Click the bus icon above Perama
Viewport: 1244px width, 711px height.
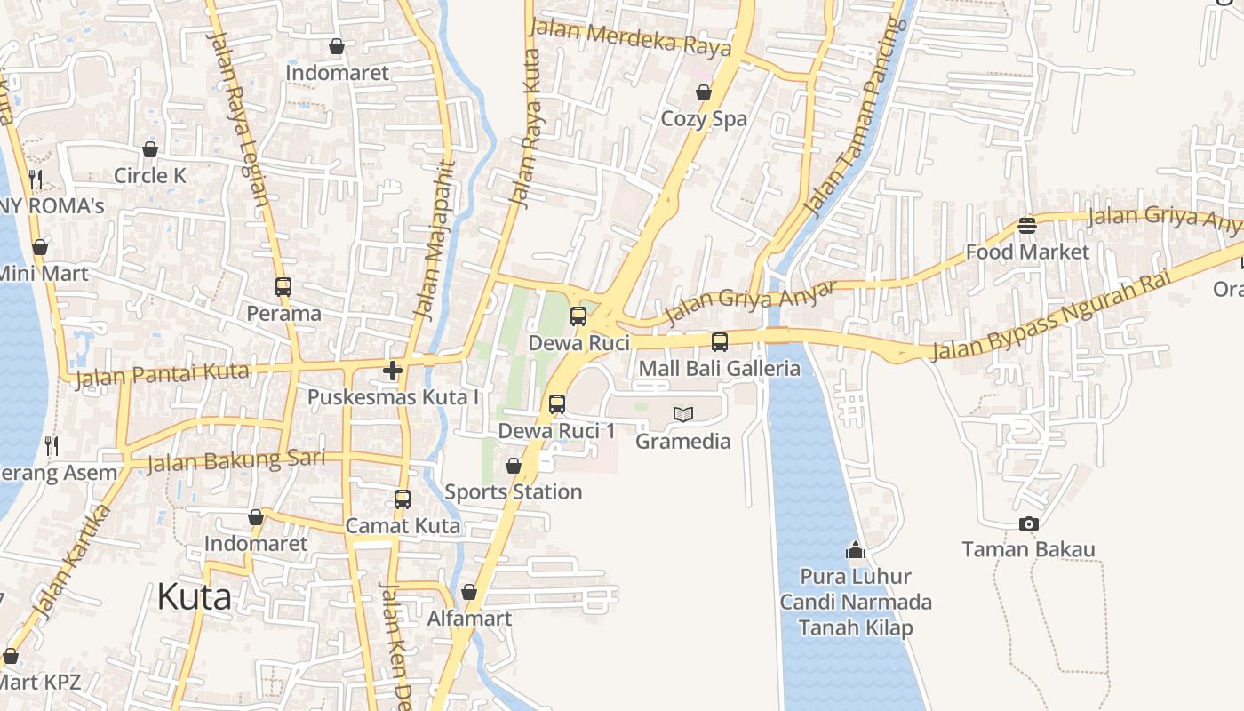pyautogui.click(x=283, y=287)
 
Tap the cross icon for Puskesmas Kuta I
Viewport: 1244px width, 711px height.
pyautogui.click(x=393, y=371)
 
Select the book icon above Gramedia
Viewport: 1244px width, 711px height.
pyautogui.click(x=683, y=414)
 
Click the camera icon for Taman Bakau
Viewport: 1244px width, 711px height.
pyautogui.click(x=1029, y=524)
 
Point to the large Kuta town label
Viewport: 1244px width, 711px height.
pyautogui.click(x=194, y=597)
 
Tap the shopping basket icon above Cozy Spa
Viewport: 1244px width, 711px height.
pyautogui.click(x=704, y=92)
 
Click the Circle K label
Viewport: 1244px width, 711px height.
pyautogui.click(x=150, y=176)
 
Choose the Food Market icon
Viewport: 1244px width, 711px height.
pyautogui.click(x=1027, y=226)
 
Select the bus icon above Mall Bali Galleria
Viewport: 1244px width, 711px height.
pyautogui.click(x=720, y=342)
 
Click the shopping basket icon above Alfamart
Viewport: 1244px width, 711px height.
pyautogui.click(x=469, y=593)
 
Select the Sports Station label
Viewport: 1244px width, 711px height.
pyautogui.click(x=513, y=491)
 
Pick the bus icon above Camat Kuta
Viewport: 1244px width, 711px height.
pyautogui.click(x=403, y=499)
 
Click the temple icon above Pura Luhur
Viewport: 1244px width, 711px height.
pyautogui.click(x=856, y=551)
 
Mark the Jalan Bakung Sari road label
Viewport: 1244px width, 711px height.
pyautogui.click(x=235, y=460)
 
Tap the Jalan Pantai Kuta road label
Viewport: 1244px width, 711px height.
pyautogui.click(x=162, y=375)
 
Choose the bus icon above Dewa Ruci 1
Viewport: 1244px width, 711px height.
pyautogui.click(x=557, y=404)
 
